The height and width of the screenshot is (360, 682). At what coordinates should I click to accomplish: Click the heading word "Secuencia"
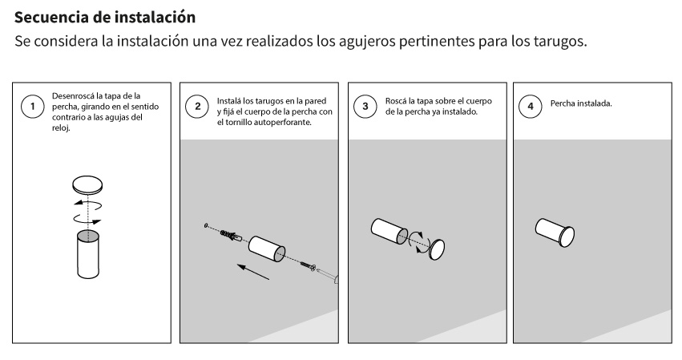[x=53, y=17]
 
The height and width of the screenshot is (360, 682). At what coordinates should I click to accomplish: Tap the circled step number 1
[x=33, y=106]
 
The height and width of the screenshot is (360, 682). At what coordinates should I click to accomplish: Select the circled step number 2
[x=197, y=106]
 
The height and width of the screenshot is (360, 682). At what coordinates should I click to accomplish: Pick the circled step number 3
[x=365, y=106]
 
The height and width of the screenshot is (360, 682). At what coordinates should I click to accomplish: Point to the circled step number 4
[x=531, y=106]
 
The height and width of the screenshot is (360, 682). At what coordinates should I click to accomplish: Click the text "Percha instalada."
[x=581, y=103]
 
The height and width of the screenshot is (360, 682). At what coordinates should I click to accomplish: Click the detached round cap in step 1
[x=87, y=185]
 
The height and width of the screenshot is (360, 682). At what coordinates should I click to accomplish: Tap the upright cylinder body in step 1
[x=88, y=254]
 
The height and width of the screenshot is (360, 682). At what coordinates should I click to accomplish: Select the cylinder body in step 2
[x=267, y=249]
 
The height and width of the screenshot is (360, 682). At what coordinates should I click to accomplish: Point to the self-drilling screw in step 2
[x=307, y=265]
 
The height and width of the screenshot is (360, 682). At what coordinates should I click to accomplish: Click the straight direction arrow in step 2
[x=253, y=272]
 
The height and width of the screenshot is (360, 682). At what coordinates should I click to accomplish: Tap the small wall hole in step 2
[x=206, y=225]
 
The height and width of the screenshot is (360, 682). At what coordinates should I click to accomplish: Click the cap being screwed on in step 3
[x=437, y=249]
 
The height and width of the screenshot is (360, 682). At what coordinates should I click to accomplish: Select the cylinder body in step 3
[x=389, y=231]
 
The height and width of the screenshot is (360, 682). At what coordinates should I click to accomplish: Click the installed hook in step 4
[x=555, y=233]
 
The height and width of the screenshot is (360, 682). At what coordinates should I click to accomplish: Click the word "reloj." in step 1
[x=61, y=128]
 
